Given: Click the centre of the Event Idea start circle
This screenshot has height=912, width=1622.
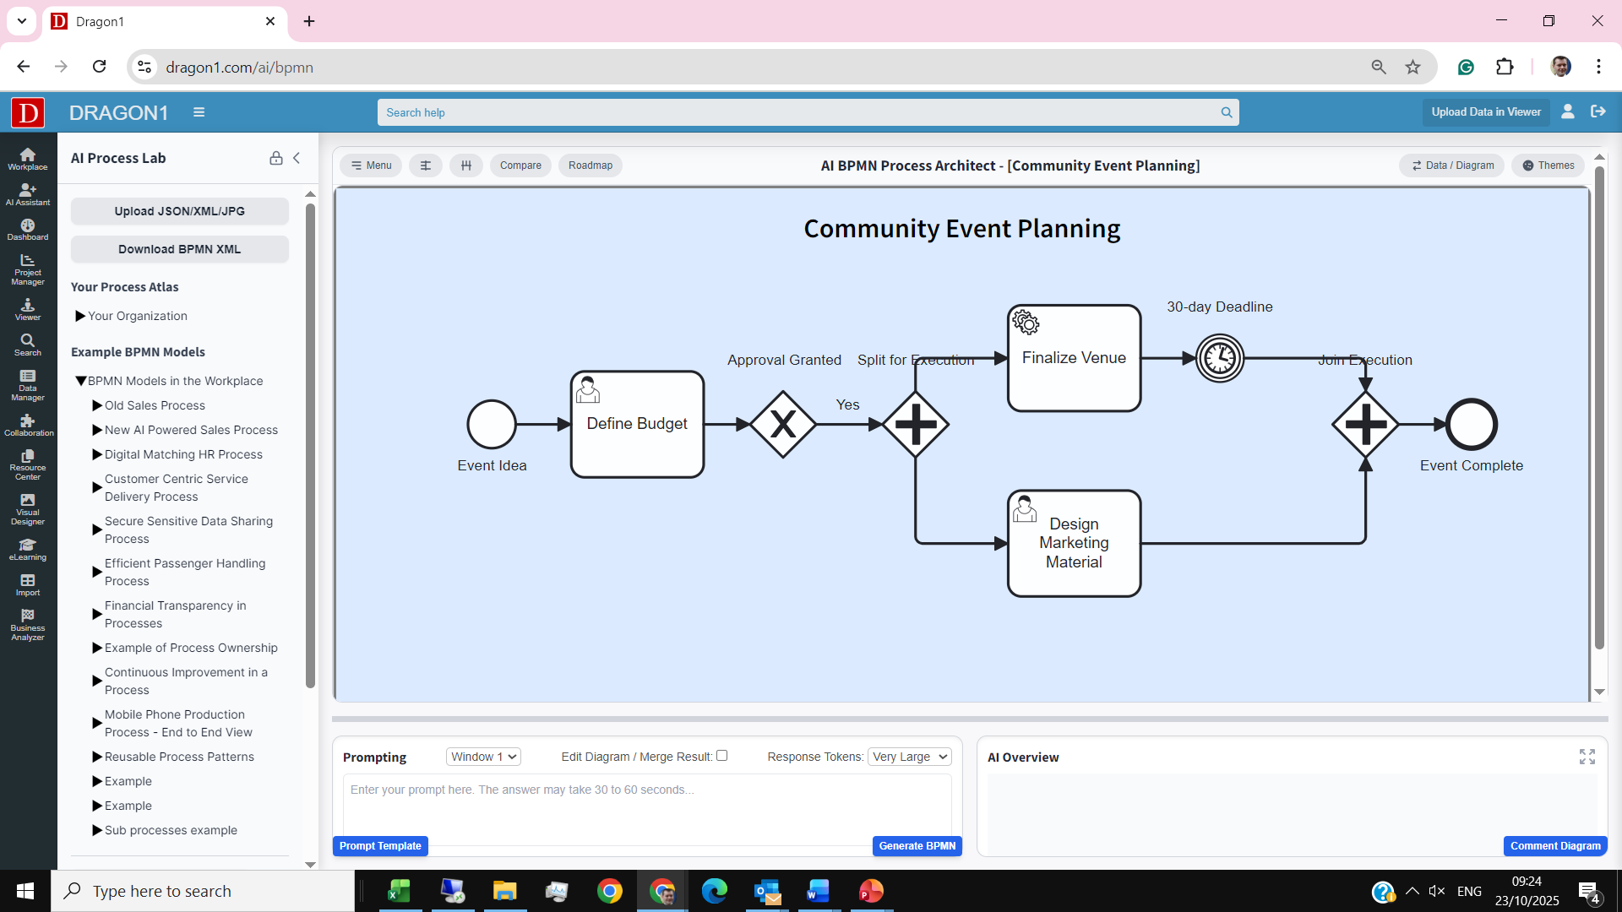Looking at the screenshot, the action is click(492, 424).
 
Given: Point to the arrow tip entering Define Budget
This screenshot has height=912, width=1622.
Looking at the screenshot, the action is click(571, 424).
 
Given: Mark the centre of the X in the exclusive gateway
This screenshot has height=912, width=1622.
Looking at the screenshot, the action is click(783, 424).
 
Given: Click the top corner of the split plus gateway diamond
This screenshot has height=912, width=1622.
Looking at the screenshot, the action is click(916, 391).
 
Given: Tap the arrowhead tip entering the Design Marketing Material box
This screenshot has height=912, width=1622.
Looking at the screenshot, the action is click(1008, 544).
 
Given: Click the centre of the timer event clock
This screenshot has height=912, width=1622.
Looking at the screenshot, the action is click(1220, 358).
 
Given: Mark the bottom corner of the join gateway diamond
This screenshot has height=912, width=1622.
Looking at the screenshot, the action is click(1365, 458).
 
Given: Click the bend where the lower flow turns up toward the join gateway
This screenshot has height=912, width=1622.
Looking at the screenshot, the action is click(1365, 544).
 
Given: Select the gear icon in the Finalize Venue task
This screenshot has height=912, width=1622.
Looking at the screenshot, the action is click(1026, 322).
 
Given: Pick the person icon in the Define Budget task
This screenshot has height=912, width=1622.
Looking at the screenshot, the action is click(588, 389).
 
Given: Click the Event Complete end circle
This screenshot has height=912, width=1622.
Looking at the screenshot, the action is click(1472, 424).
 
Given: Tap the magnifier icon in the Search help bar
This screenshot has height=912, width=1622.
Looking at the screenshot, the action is click(1227, 112).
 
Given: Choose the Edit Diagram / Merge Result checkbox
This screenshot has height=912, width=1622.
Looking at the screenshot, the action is click(722, 756).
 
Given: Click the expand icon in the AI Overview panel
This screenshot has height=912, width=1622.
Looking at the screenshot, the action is click(1587, 757).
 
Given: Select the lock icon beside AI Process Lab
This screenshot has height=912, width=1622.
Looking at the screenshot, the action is click(276, 158).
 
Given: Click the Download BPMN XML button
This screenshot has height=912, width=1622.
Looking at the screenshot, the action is click(180, 249).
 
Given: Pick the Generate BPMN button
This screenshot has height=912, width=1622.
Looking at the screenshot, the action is click(917, 846).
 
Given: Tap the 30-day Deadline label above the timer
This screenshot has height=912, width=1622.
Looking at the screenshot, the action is click(1220, 307).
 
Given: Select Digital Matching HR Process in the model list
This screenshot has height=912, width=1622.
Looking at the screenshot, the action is click(183, 454).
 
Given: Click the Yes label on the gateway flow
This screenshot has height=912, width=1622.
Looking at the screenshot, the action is click(848, 404).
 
